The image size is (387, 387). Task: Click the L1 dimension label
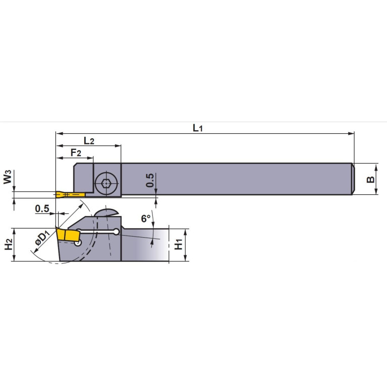point(197,128)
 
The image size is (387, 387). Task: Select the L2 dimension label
point(89,141)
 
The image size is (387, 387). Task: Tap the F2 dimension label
point(76,153)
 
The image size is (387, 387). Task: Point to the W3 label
point(8,177)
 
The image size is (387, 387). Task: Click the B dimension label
point(370,180)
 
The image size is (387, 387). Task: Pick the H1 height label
point(178,244)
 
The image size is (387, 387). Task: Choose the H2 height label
point(9,244)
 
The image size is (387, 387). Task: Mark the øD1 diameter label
point(42,238)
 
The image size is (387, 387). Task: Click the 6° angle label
point(146,218)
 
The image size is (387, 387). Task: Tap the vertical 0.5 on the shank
point(150,180)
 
